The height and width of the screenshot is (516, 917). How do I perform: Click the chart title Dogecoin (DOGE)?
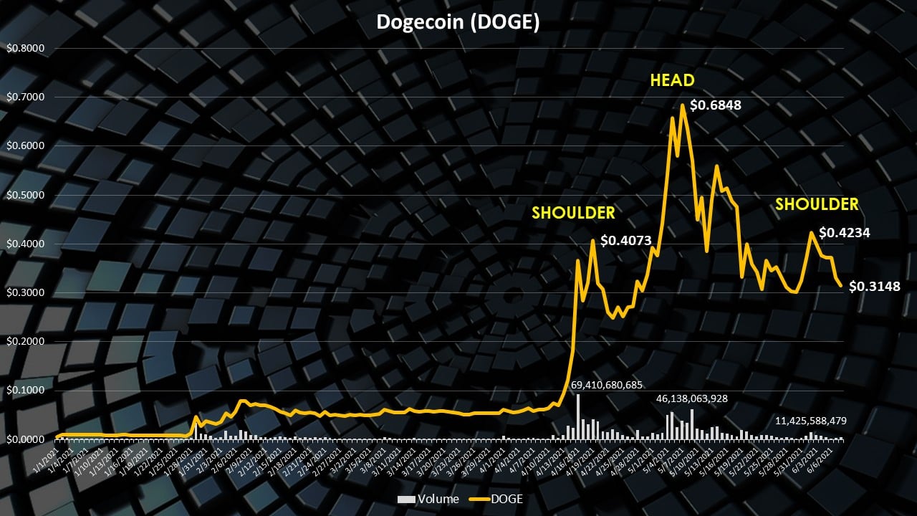click(x=458, y=22)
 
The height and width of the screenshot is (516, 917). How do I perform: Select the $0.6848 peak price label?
click(x=716, y=105)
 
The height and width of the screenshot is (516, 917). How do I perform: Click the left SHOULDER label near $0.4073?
click(x=572, y=213)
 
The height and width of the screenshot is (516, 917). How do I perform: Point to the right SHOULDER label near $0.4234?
click(x=817, y=204)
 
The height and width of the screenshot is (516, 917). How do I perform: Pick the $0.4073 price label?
click(x=625, y=241)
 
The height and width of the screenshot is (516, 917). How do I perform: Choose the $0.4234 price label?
click(x=844, y=232)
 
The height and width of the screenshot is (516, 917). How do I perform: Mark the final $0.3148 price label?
click(x=874, y=287)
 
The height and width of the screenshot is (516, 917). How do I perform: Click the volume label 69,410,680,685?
click(x=607, y=386)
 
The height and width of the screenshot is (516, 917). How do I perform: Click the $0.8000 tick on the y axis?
click(x=26, y=49)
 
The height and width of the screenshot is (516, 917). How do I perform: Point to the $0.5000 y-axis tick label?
click(x=26, y=195)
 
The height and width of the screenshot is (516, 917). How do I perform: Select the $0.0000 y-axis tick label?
click(x=26, y=439)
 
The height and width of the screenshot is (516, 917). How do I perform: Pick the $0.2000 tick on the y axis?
click(x=26, y=341)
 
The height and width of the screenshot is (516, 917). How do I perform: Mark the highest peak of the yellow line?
click(x=683, y=105)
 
